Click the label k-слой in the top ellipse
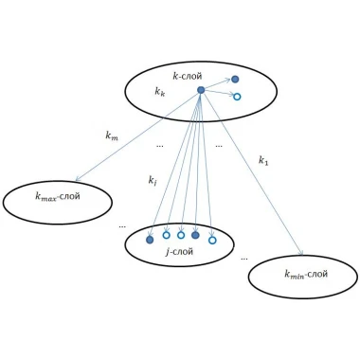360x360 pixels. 188,76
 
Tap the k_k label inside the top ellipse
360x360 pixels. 159,92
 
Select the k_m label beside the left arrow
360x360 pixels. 112,135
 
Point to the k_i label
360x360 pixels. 153,181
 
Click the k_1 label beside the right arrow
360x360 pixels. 263,160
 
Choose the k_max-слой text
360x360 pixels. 58,197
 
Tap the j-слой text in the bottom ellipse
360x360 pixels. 179,252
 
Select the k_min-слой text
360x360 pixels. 306,274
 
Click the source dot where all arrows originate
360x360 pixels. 201,90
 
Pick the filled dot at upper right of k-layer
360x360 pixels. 235,80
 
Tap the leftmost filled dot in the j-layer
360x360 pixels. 150,240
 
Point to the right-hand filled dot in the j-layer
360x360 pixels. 195,235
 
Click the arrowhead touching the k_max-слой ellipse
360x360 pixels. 78,179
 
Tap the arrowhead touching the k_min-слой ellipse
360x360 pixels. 301,252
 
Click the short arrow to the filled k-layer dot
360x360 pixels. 218,84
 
